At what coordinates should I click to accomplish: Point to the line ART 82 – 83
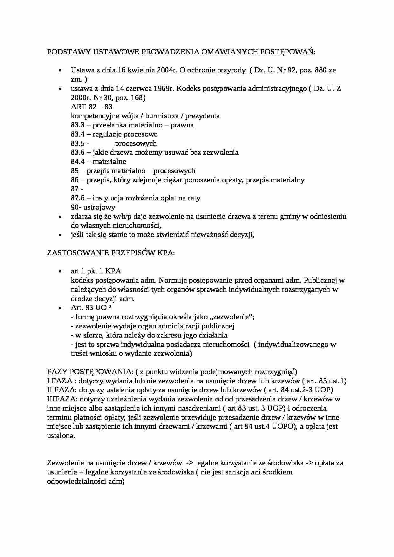click(92, 107)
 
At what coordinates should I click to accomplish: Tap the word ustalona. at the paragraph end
click(61, 436)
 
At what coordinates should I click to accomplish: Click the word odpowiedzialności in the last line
click(77, 481)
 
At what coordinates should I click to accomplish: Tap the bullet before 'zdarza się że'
click(60, 217)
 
